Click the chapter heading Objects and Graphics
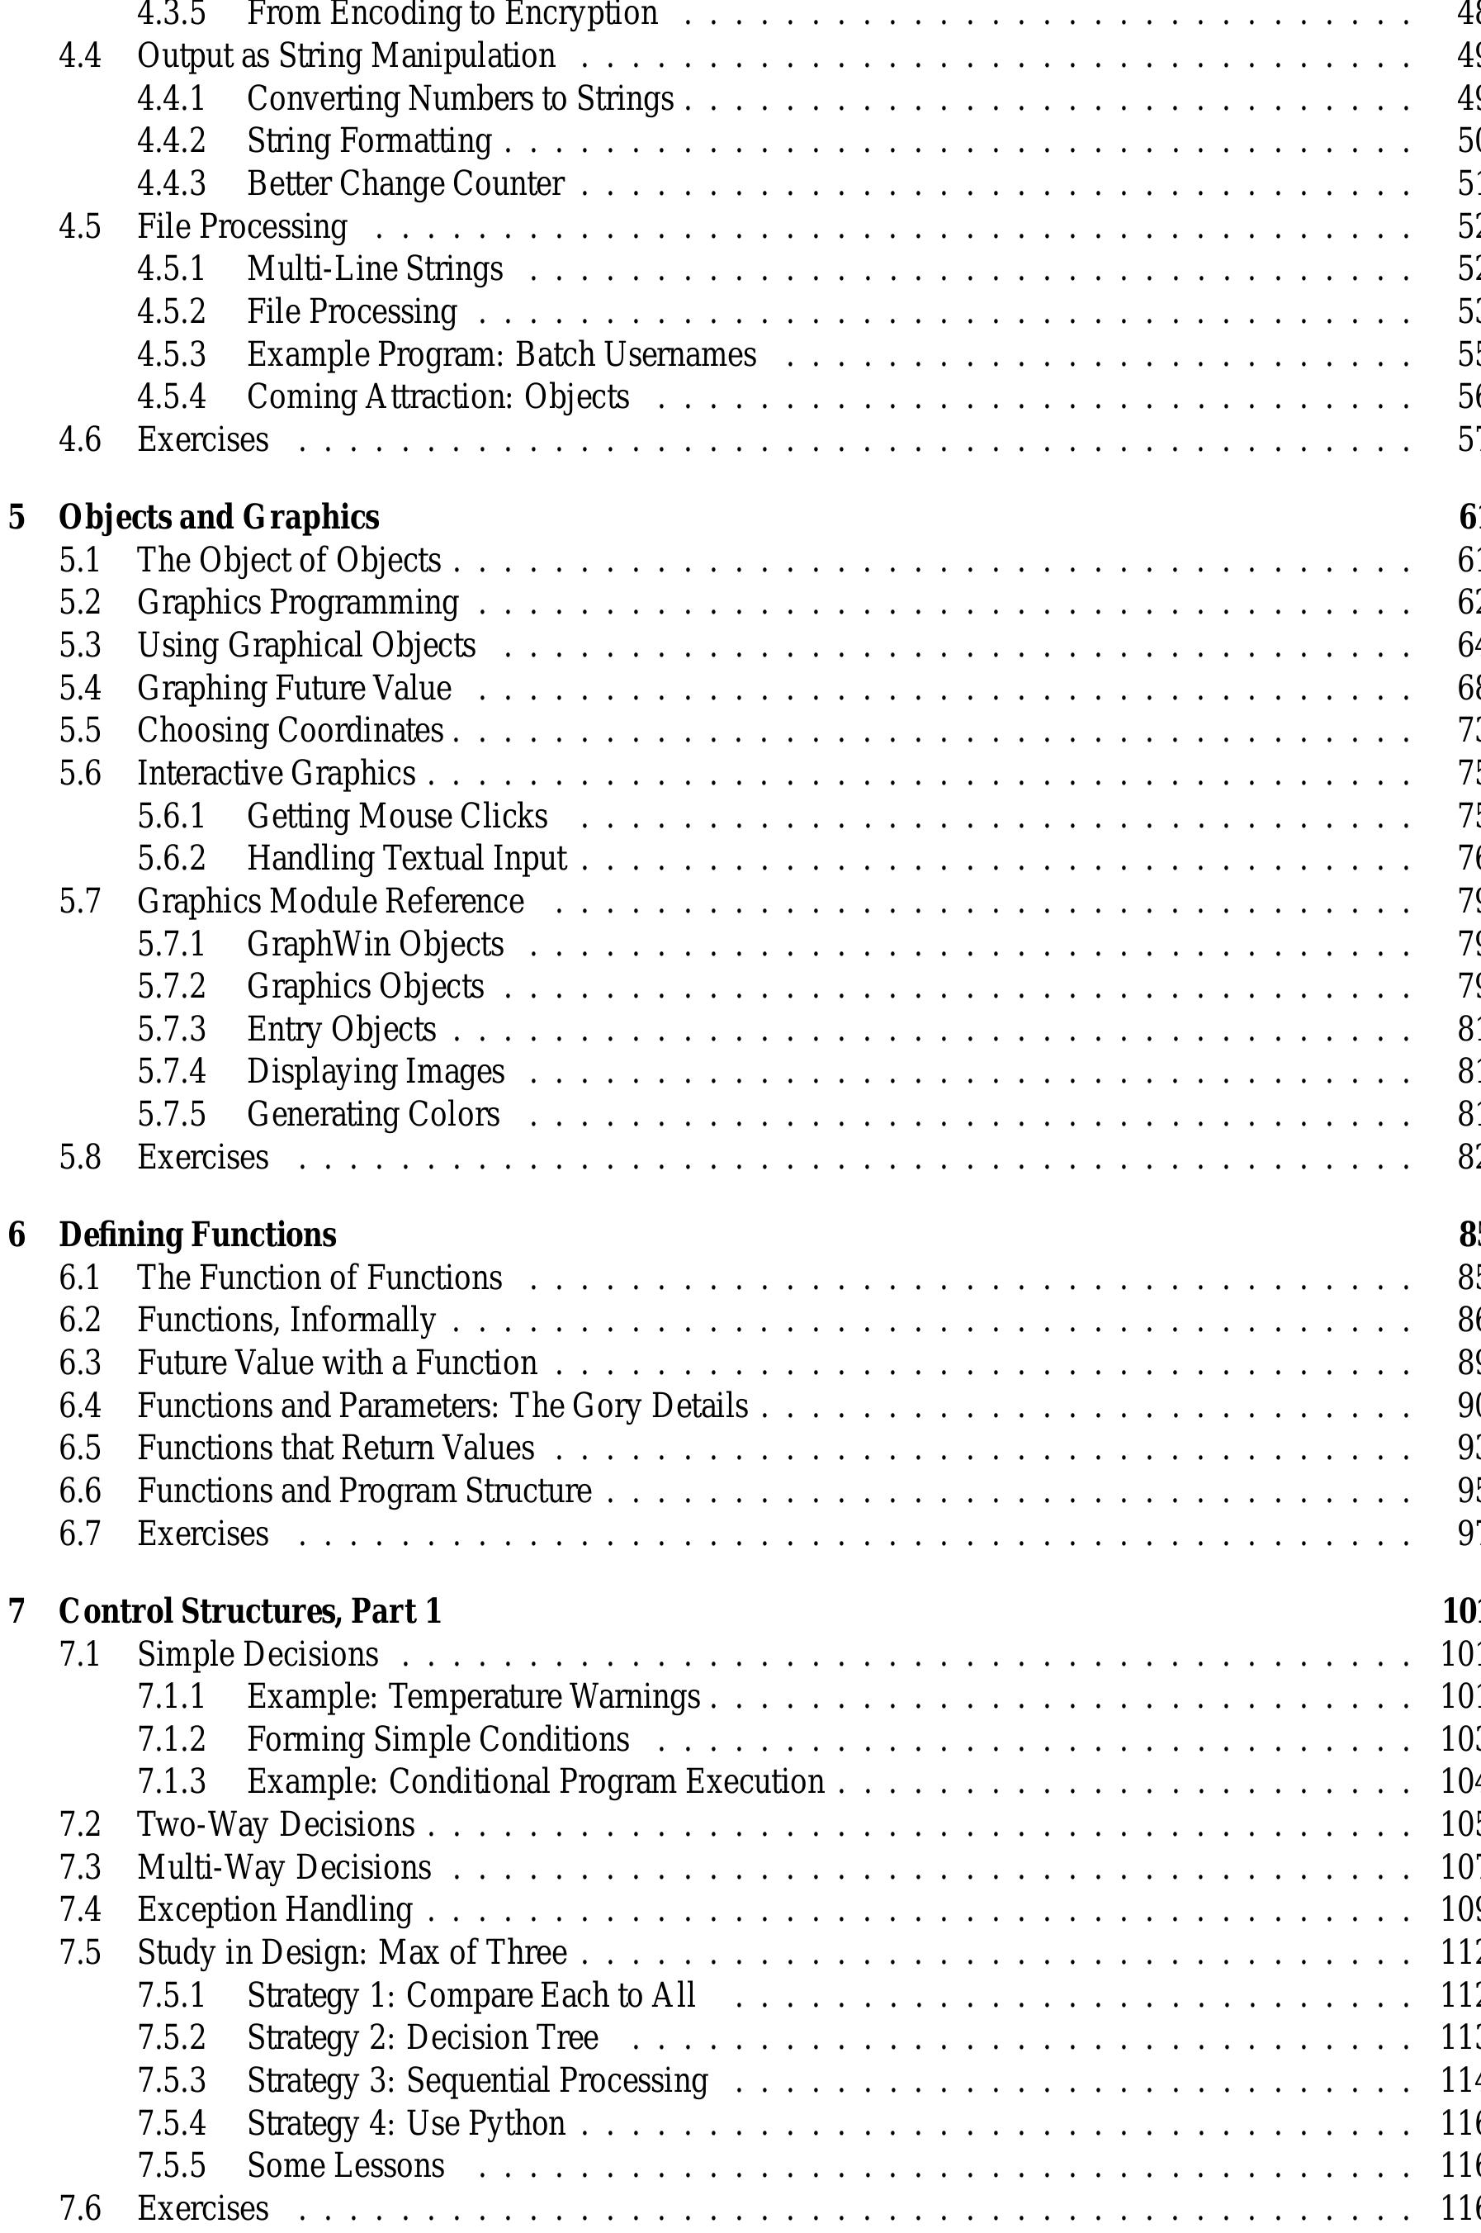coord(218,518)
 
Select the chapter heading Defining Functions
coord(196,1235)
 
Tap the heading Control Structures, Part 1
coord(249,1610)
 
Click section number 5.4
coord(80,688)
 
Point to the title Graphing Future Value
coord(294,688)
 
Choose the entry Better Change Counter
coord(405,183)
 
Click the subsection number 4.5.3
coord(171,354)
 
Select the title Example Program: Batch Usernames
coord(502,354)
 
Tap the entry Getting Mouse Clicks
coord(397,816)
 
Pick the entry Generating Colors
coord(373,1115)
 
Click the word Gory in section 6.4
coord(615,1406)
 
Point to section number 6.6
coord(80,1491)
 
